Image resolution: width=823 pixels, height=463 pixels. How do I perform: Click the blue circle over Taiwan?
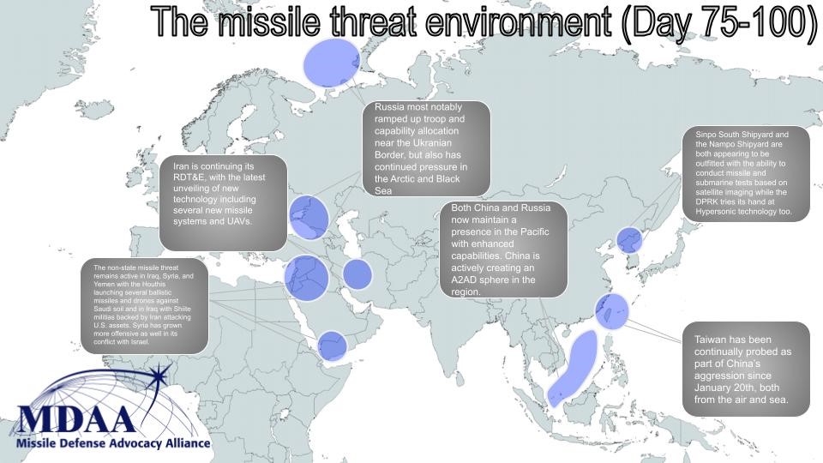(x=611, y=311)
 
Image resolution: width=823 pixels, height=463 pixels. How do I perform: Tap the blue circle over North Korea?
(x=628, y=240)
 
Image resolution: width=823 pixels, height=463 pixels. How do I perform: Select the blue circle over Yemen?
(x=333, y=346)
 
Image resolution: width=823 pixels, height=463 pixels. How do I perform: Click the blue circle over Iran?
(x=357, y=274)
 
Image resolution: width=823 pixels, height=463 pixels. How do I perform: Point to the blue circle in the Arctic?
(x=332, y=63)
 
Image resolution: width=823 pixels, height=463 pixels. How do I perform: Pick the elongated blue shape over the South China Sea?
(x=572, y=369)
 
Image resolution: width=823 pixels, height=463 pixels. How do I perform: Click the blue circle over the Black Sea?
(x=309, y=217)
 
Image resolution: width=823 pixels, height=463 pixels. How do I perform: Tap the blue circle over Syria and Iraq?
(x=307, y=278)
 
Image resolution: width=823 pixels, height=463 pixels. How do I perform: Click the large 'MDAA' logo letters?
(x=76, y=418)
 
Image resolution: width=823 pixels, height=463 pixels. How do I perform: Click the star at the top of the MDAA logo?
(x=159, y=375)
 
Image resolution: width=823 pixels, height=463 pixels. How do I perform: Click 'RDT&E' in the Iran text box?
(x=189, y=177)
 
